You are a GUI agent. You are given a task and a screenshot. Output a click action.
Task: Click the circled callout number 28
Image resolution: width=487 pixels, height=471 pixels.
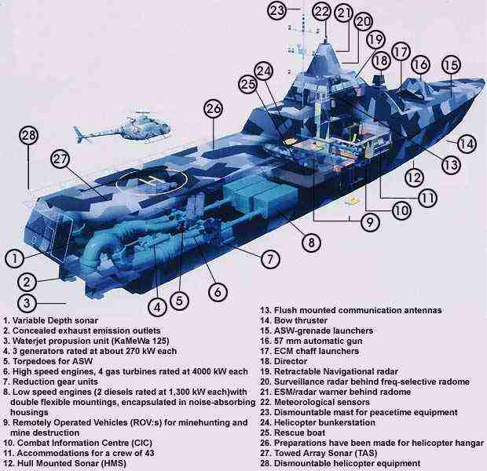[29, 135]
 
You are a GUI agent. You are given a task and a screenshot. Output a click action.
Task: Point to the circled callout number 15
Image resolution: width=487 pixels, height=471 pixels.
[450, 66]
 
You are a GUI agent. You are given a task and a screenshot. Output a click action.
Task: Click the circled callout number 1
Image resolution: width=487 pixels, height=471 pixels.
[13, 257]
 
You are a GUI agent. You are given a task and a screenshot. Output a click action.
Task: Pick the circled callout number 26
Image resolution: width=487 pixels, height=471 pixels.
[213, 109]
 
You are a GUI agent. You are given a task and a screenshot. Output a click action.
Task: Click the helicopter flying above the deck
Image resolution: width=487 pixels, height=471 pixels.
[130, 124]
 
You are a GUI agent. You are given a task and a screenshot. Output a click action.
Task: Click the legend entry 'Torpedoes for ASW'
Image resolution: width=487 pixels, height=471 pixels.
[49, 361]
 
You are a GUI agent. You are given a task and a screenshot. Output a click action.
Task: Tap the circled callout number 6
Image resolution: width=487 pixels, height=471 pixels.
[218, 290]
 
